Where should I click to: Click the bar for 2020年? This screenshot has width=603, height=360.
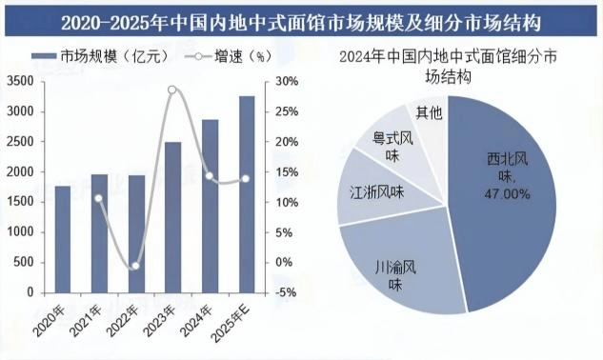pyautogui.click(x=63, y=239)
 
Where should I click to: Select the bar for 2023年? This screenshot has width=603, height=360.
pyautogui.click(x=172, y=217)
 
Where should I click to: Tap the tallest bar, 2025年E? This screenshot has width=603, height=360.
pyautogui.click(x=247, y=194)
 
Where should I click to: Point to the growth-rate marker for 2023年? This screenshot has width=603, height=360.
pyautogui.click(x=171, y=90)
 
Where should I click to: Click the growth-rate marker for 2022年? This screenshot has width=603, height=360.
pyautogui.click(x=135, y=266)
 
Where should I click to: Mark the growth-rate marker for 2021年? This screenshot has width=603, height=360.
pyautogui.click(x=99, y=198)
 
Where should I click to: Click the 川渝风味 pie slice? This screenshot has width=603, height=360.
pyautogui.click(x=400, y=266)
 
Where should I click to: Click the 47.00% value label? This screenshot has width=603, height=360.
pyautogui.click(x=507, y=194)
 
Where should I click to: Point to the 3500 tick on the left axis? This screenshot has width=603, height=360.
pyautogui.click(x=20, y=81)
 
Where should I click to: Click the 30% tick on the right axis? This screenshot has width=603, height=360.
pyautogui.click(x=287, y=82)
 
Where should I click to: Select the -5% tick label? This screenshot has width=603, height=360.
pyautogui.click(x=286, y=292)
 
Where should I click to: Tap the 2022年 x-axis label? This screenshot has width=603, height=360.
pyautogui.click(x=122, y=320)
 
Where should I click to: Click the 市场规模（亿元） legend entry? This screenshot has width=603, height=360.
pyautogui.click(x=100, y=56)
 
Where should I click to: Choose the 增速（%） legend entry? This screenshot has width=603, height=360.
pyautogui.click(x=228, y=56)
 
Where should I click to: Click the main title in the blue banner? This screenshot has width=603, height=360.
pyautogui.click(x=301, y=23)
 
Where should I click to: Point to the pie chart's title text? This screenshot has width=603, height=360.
pyautogui.click(x=448, y=66)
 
